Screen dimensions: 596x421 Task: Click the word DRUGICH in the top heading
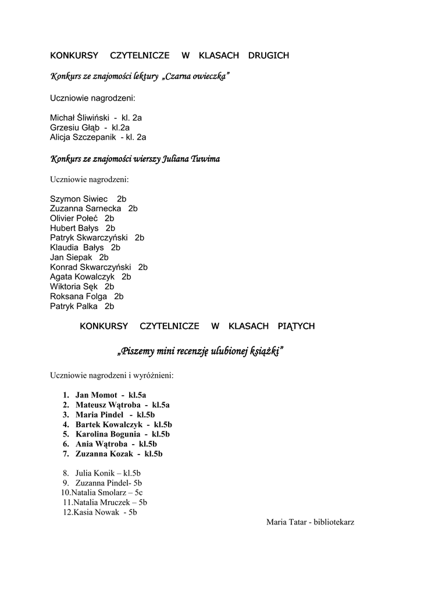(269, 55)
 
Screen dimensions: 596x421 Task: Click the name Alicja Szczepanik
(84, 137)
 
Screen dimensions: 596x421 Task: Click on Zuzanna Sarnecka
(85, 208)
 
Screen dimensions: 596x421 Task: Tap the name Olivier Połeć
(74, 218)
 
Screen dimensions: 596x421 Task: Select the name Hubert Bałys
(74, 228)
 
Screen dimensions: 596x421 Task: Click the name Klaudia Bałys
(77, 247)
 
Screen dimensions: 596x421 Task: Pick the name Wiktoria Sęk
(73, 286)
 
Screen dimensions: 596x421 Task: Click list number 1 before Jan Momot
(66, 395)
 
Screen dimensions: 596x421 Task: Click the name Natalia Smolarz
(96, 492)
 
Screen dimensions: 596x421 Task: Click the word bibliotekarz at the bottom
(334, 522)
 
